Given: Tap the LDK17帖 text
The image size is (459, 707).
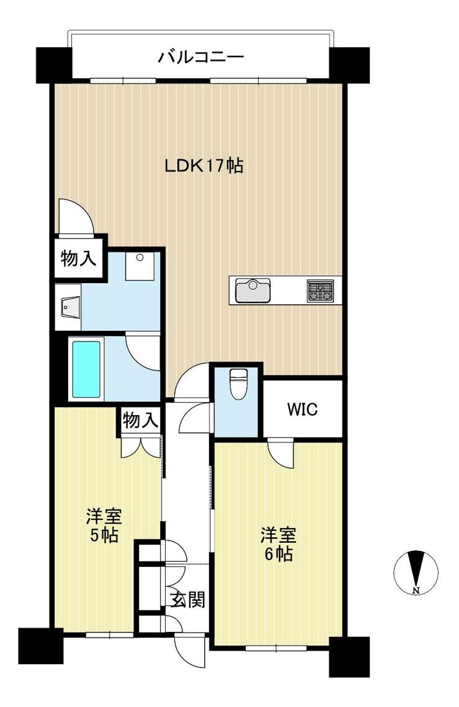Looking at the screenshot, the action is (x=203, y=165).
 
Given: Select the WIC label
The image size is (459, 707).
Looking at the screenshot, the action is (x=303, y=409).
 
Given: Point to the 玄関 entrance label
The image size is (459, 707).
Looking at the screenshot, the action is (x=188, y=600).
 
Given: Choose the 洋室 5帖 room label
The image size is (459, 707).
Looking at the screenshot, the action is (x=104, y=525).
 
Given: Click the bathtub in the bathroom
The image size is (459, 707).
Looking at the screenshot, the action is (x=86, y=369).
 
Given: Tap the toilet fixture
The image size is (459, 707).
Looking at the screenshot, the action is (x=237, y=384).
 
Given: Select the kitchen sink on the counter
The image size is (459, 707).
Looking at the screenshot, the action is (x=252, y=290).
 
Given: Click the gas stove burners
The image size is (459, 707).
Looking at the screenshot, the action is (x=321, y=291).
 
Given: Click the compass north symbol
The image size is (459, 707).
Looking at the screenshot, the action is (x=416, y=573).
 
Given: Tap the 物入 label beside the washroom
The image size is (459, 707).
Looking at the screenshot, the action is (x=79, y=259).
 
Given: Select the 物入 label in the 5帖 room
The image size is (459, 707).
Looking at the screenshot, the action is (x=140, y=421).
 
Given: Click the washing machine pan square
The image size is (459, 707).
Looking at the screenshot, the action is (x=140, y=266).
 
